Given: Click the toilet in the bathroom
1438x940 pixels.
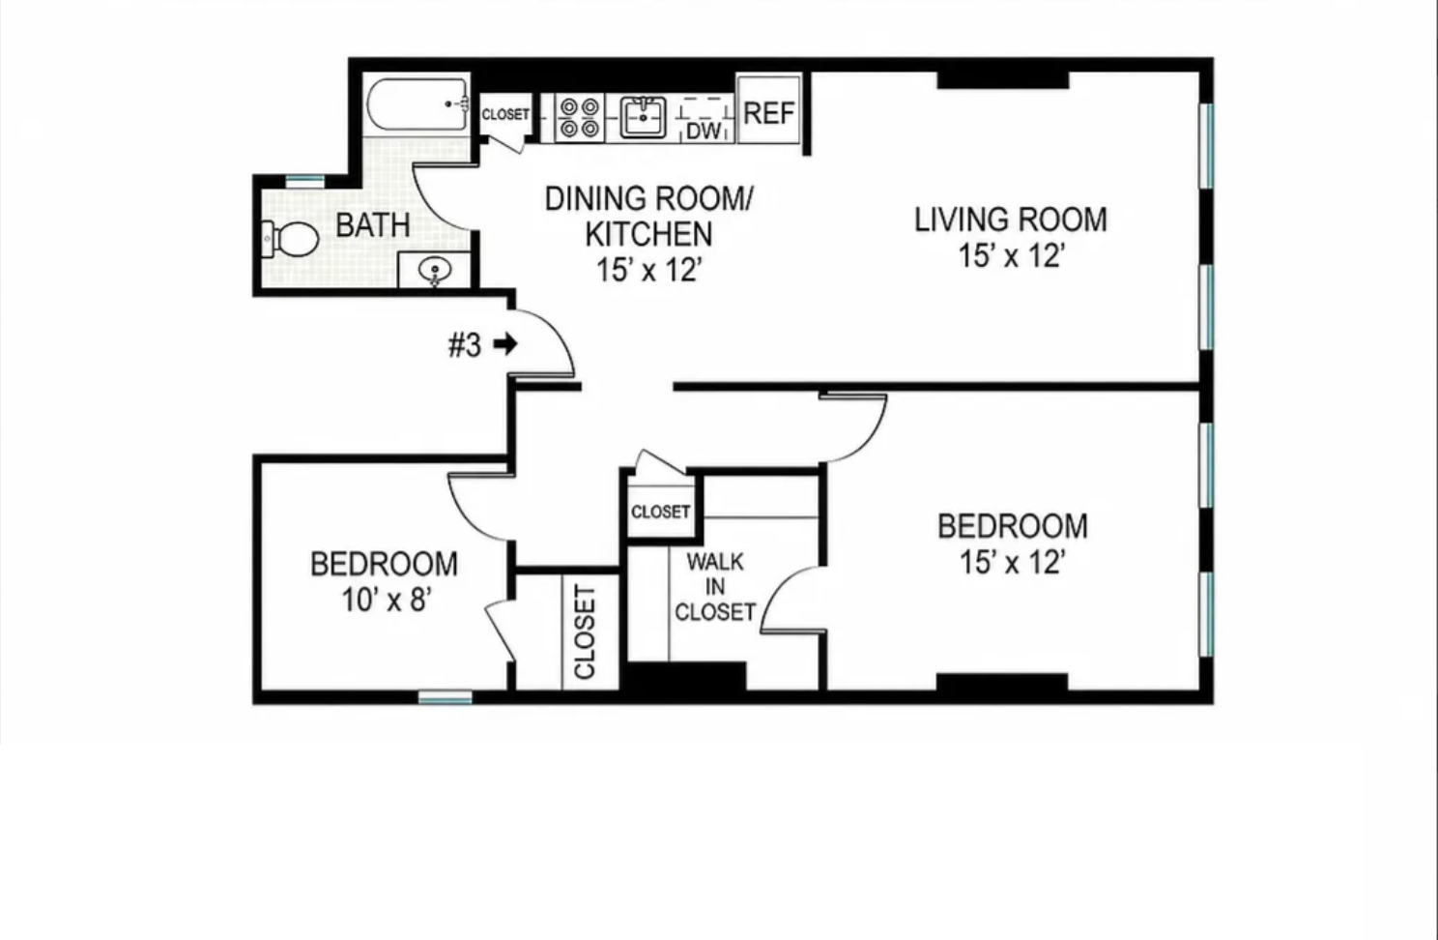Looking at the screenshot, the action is [x=290, y=239].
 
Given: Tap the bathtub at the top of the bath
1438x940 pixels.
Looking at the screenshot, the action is [x=417, y=104].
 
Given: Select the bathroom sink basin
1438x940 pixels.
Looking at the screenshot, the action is [x=435, y=270].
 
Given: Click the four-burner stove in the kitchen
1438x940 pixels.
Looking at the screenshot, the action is [x=580, y=118].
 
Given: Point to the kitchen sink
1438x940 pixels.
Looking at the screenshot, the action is [x=643, y=117].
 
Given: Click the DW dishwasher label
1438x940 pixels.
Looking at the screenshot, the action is [x=704, y=132].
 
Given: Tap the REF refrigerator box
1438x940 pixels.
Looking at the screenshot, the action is [x=769, y=110].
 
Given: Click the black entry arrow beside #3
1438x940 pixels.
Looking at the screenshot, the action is [x=505, y=344].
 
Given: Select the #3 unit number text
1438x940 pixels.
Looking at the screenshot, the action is [x=464, y=345].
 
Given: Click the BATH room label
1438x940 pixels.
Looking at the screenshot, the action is [x=373, y=225].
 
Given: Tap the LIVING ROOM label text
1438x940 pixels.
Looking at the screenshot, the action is [x=1011, y=220].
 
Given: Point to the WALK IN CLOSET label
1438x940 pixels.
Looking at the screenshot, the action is [x=715, y=587].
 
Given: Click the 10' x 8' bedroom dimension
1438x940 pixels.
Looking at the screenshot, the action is [x=386, y=602].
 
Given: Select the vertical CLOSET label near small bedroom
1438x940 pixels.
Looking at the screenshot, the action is [x=585, y=632].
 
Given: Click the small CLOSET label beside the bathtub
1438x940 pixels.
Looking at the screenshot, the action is [x=505, y=114].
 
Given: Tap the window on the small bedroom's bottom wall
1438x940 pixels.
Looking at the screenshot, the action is [x=445, y=696].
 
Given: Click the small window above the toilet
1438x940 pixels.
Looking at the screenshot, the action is [x=305, y=181].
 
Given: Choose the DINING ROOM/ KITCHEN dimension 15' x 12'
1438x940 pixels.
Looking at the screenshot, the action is [x=647, y=270].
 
